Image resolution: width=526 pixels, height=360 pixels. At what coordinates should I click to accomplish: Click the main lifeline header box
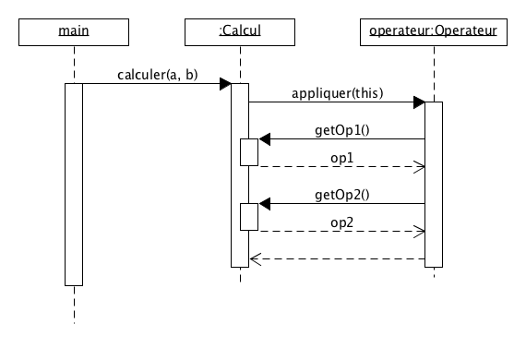click(x=73, y=31)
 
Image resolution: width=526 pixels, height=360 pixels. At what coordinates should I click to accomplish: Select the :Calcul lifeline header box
click(x=239, y=31)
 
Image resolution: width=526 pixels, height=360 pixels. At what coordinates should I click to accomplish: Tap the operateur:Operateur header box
click(x=433, y=31)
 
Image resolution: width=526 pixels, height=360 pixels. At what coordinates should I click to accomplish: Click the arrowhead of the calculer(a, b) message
click(x=225, y=84)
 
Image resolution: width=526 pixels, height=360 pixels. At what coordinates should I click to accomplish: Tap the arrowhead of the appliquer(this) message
click(x=419, y=102)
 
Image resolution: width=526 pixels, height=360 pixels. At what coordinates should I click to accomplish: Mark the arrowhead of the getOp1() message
click(x=264, y=139)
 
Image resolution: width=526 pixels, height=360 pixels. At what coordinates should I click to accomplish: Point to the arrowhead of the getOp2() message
click(x=264, y=204)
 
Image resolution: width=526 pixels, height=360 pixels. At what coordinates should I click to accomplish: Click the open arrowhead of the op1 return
click(x=419, y=167)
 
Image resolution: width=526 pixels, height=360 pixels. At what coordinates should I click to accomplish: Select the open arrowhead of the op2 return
click(x=419, y=232)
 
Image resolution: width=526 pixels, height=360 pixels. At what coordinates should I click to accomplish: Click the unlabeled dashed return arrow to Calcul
click(x=337, y=259)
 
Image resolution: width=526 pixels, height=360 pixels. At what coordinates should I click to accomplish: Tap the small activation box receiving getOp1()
click(x=249, y=152)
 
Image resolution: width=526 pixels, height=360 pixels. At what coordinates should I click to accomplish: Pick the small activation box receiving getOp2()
click(x=249, y=217)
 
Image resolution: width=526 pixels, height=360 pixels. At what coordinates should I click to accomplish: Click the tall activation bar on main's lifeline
click(x=73, y=185)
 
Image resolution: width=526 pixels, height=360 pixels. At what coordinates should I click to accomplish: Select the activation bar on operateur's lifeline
click(x=433, y=185)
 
